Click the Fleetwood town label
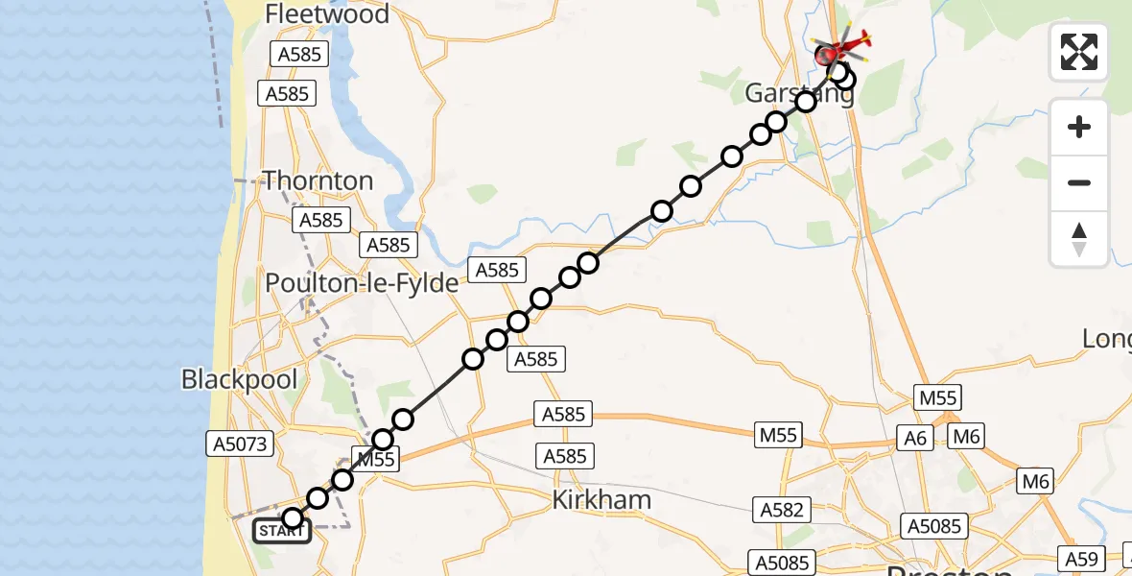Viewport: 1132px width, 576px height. click(x=327, y=14)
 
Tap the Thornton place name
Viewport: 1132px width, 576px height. click(x=318, y=180)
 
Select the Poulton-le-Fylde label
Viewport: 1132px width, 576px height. click(x=363, y=285)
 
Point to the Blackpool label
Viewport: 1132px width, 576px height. click(x=239, y=379)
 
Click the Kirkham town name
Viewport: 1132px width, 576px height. click(x=602, y=499)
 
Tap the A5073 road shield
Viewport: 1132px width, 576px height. click(x=239, y=444)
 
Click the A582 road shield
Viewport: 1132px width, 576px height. click(x=781, y=510)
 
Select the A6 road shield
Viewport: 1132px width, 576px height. click(x=916, y=438)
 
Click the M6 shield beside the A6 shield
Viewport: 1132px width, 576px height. click(x=965, y=438)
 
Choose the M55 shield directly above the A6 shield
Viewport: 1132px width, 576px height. click(x=937, y=398)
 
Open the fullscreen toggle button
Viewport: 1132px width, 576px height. click(x=1079, y=52)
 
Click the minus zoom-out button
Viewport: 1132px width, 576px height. click(x=1079, y=182)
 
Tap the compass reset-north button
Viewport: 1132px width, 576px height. click(x=1079, y=239)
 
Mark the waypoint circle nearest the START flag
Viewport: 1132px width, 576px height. click(x=293, y=518)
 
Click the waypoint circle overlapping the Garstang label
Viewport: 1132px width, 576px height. click(x=805, y=101)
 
